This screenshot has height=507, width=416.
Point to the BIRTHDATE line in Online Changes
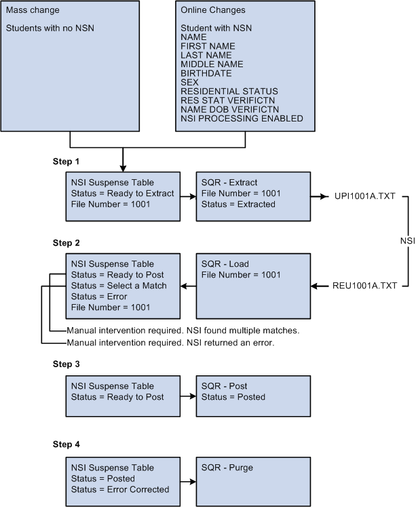click(x=206, y=73)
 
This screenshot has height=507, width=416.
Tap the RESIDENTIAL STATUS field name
click(x=229, y=91)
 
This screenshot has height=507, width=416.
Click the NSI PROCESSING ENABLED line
click(x=242, y=119)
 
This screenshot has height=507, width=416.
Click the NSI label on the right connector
click(x=406, y=242)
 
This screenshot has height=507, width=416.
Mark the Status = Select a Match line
click(x=119, y=286)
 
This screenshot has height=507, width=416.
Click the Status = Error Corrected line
click(x=120, y=489)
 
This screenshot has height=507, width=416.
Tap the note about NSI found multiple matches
click(x=183, y=331)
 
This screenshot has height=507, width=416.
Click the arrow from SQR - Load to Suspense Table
click(x=188, y=286)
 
